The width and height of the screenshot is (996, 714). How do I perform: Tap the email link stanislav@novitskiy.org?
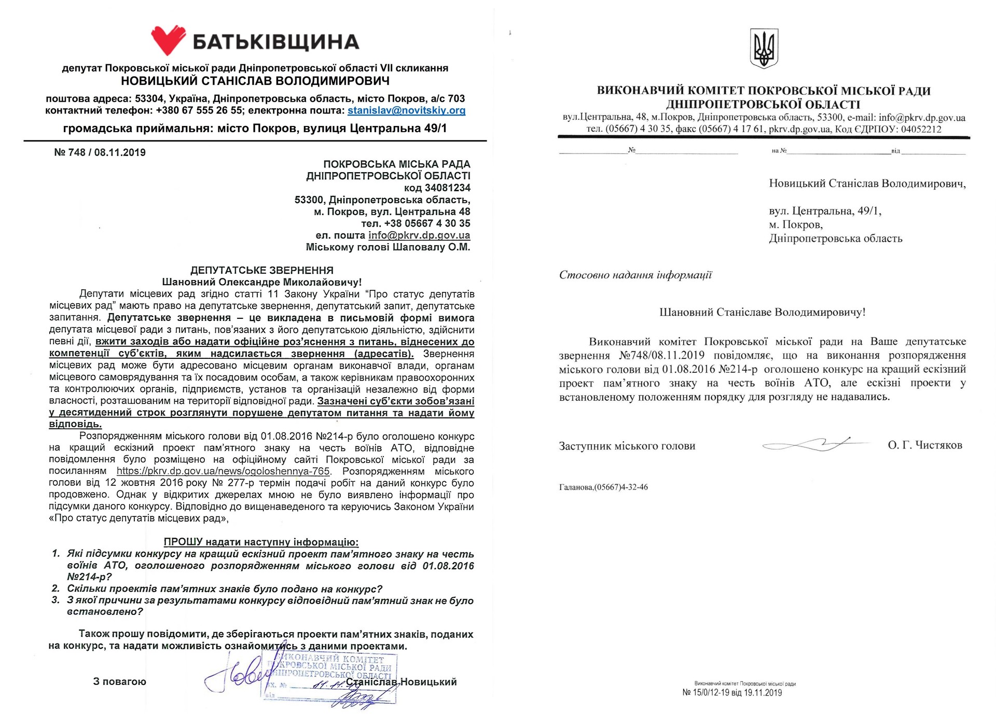[x=406, y=110]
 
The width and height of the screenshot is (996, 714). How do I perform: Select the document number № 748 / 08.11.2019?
[x=100, y=152]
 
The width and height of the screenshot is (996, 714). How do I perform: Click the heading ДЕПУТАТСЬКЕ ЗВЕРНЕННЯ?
[x=261, y=270]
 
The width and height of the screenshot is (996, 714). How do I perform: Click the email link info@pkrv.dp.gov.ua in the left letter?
[x=419, y=235]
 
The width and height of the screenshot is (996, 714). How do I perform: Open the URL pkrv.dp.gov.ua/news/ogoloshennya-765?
[x=223, y=471]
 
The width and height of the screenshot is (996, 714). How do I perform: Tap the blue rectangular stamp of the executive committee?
[x=329, y=679]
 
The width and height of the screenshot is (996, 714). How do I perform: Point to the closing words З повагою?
[x=119, y=682]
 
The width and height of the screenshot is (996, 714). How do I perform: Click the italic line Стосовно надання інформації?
[x=635, y=275]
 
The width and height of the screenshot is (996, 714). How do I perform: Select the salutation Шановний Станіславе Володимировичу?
[x=762, y=312]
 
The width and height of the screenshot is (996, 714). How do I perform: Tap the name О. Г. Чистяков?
[x=924, y=445]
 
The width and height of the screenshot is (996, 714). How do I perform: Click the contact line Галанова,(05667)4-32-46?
[x=603, y=487]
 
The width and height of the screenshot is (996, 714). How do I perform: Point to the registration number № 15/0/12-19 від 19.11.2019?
[x=731, y=693]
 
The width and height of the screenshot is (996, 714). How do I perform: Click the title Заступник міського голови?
[x=627, y=446]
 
